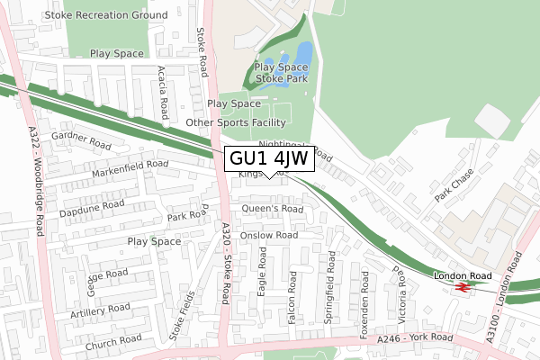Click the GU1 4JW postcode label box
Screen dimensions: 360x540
(269, 157)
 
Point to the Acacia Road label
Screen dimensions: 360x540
(163, 93)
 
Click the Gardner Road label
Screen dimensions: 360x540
(80, 140)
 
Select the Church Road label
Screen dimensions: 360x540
(113, 341)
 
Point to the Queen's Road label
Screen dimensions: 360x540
(274, 209)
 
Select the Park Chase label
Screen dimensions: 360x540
(454, 186)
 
